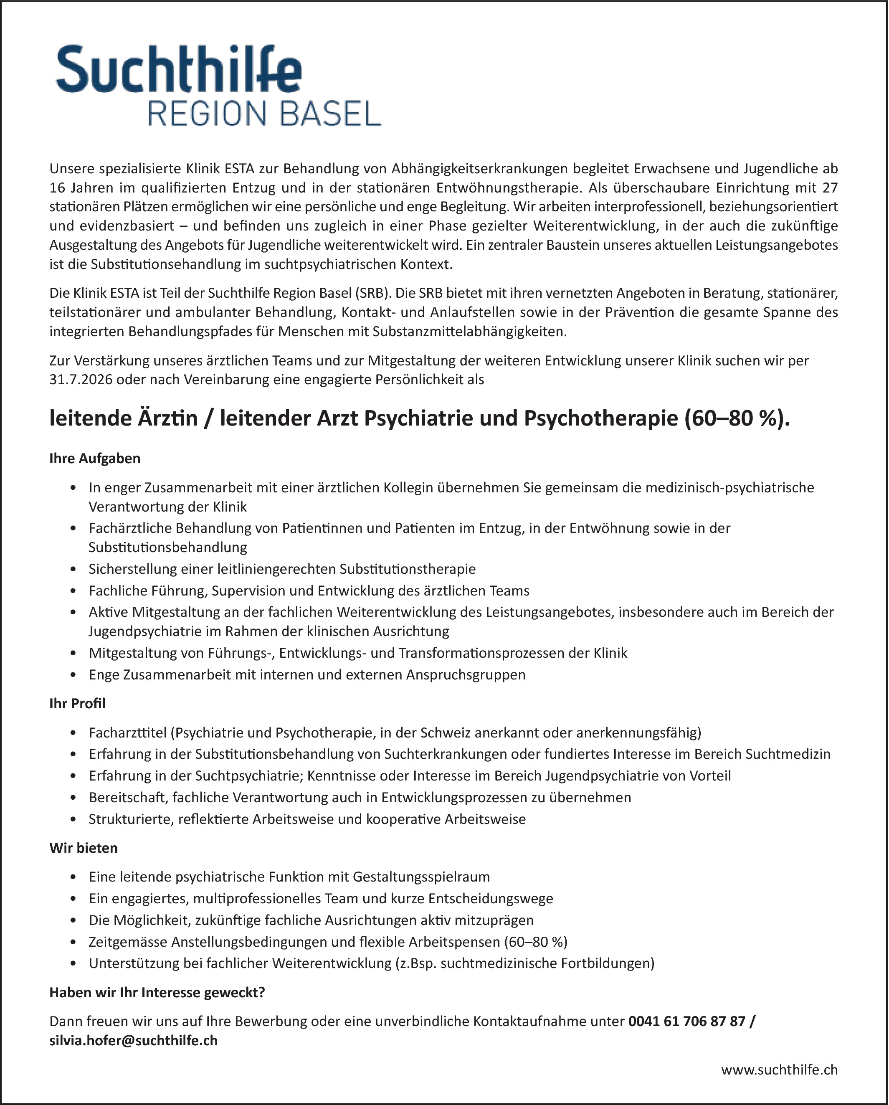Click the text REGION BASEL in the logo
point(264,114)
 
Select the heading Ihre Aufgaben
point(95,458)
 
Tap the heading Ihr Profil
point(77,703)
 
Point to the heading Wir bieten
point(84,848)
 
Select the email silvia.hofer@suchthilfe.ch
point(133,1040)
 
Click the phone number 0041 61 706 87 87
point(686,1021)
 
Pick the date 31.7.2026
point(81,380)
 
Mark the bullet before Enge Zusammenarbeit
point(75,675)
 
